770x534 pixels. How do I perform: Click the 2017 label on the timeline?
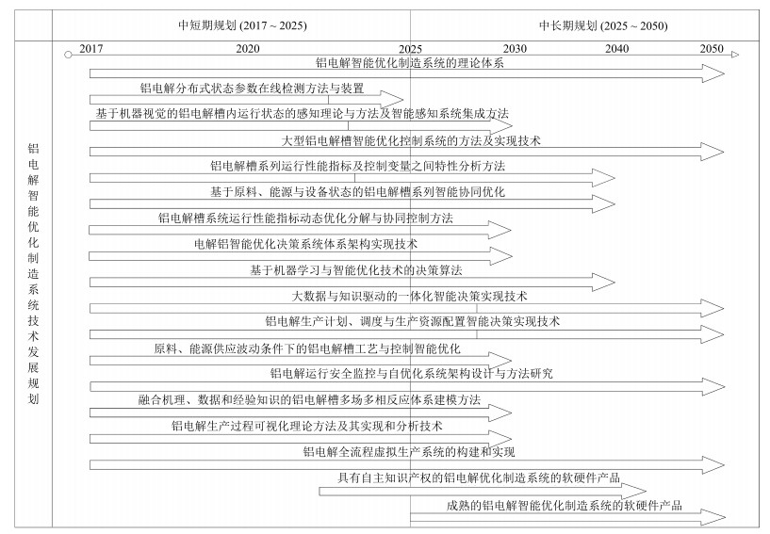(x=91, y=49)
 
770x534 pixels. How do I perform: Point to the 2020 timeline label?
(x=248, y=49)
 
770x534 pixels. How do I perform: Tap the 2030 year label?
(x=515, y=49)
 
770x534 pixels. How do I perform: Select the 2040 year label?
(x=616, y=49)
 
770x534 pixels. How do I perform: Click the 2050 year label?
(x=712, y=48)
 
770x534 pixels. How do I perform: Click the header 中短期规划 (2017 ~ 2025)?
(x=242, y=25)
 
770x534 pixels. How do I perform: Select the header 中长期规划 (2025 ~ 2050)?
(x=603, y=25)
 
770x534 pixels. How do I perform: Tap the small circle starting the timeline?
(x=68, y=55)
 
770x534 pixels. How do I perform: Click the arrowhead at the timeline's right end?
(x=735, y=55)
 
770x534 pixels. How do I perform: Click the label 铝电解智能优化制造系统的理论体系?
(x=410, y=63)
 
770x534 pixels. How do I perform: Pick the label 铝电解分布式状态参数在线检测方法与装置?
(x=252, y=89)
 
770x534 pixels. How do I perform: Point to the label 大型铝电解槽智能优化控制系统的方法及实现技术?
(x=411, y=141)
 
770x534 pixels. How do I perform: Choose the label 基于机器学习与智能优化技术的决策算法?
(x=356, y=270)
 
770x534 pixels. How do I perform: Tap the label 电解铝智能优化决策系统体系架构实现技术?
(x=305, y=244)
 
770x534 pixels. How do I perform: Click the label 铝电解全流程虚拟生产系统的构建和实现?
(x=409, y=451)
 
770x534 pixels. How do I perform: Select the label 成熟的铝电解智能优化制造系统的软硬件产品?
(x=565, y=505)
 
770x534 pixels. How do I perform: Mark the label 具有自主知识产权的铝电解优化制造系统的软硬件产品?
(x=479, y=477)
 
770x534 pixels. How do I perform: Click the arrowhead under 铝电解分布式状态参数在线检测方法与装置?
(x=391, y=100)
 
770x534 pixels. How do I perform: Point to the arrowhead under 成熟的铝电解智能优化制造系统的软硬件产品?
(x=713, y=517)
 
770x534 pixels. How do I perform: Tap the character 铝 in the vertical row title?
(x=33, y=149)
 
